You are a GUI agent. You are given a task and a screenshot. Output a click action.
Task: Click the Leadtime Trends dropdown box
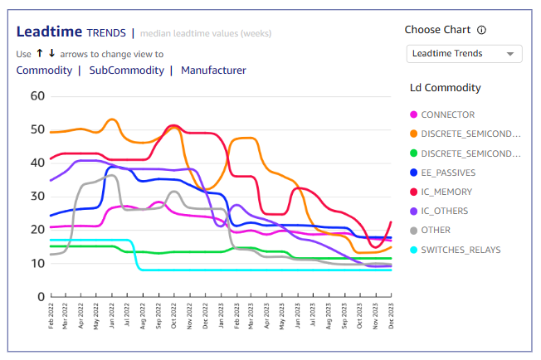coord(464,54)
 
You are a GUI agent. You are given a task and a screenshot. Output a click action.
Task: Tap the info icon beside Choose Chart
coord(482,30)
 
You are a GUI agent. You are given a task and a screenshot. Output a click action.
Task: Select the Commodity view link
coord(44,71)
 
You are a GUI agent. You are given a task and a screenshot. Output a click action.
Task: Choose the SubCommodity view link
coord(126,71)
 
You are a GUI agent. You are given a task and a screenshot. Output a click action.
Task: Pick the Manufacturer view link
coord(213,71)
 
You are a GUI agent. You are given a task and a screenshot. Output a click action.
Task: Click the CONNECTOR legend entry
coord(447,114)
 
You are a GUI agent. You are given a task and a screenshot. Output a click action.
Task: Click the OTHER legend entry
coord(436,231)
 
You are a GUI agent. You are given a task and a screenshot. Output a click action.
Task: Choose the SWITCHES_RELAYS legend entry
coord(461,250)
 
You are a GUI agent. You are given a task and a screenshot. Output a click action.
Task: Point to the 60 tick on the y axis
coord(37,95)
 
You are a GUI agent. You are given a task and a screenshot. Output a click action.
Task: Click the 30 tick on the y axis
coord(37,196)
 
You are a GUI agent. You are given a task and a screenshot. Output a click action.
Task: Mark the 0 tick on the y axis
coord(40,296)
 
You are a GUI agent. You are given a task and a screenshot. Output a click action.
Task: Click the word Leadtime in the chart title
coord(50,32)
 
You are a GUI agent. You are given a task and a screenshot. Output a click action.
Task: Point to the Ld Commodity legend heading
coord(446,87)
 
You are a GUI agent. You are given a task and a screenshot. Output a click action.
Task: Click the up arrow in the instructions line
coord(39,53)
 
